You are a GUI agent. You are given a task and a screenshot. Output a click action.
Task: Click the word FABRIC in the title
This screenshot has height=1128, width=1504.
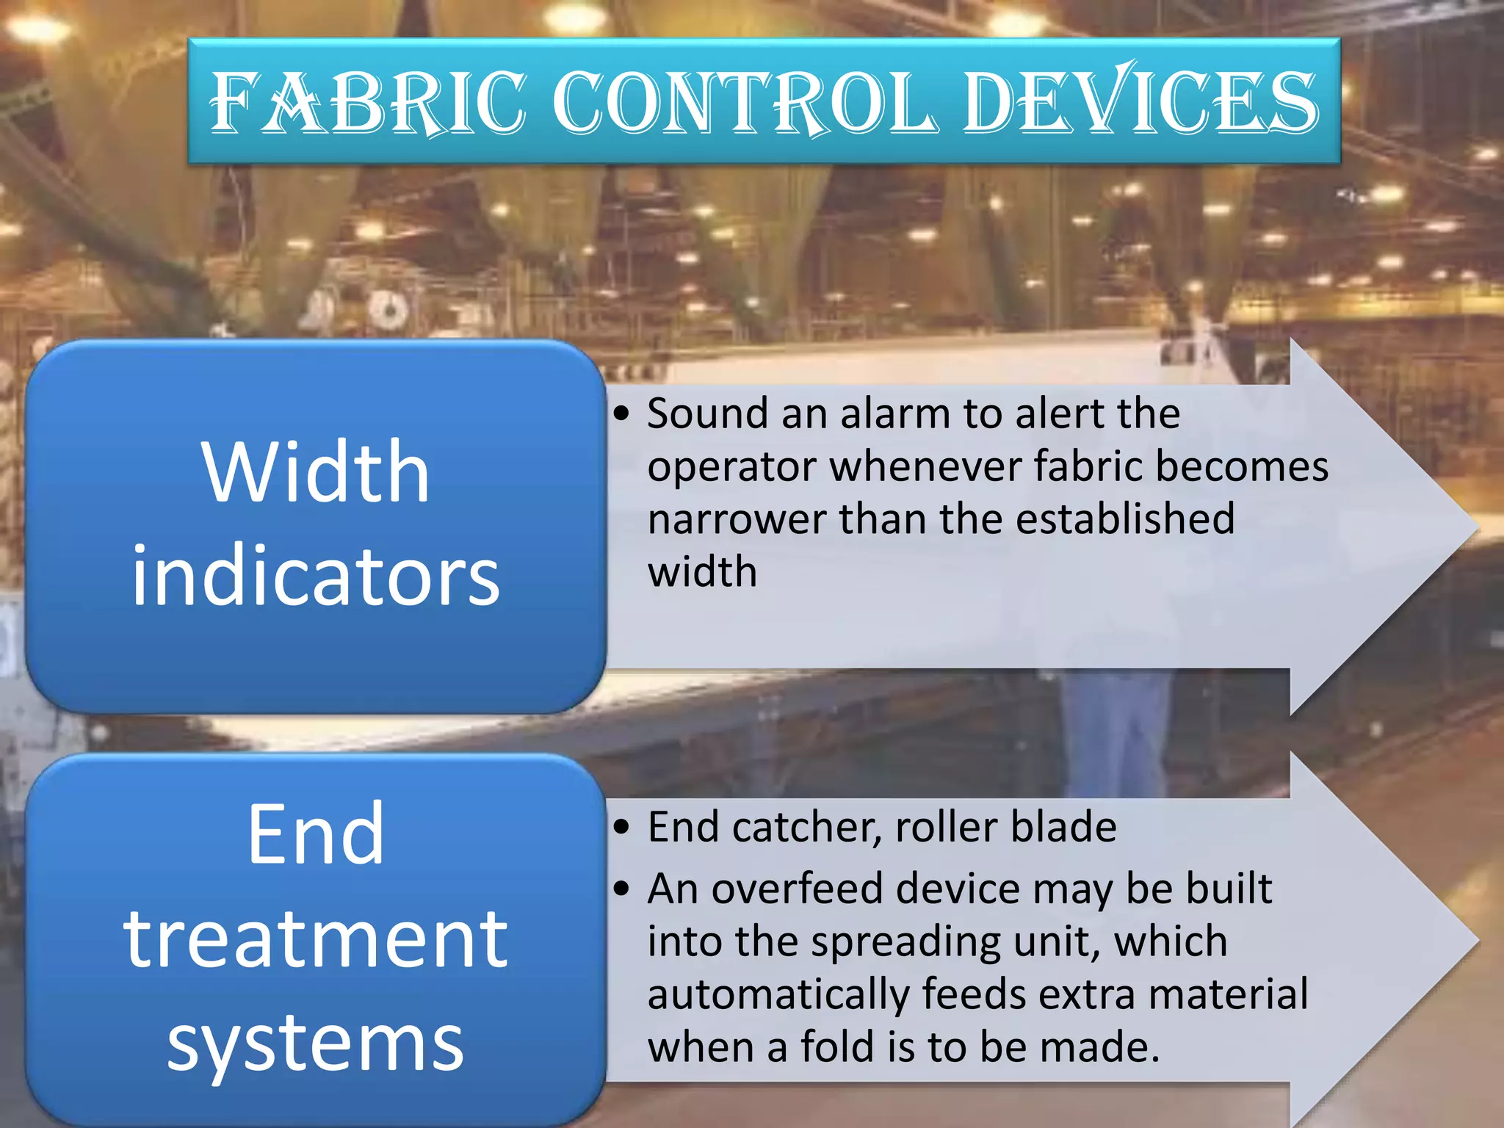click(367, 102)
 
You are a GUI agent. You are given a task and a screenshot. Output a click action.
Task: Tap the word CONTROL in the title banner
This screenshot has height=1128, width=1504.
click(744, 102)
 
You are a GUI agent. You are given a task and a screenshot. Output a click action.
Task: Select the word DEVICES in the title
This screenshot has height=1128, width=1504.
click(1140, 102)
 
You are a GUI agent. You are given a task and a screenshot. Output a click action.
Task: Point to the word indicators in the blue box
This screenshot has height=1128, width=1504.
click(316, 576)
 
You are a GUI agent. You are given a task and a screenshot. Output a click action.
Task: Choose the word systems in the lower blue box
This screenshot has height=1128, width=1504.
click(316, 1043)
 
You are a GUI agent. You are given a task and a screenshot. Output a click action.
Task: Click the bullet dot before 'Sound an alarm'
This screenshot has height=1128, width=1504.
click(622, 414)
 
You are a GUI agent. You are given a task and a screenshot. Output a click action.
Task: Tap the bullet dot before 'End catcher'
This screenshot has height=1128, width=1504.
click(622, 828)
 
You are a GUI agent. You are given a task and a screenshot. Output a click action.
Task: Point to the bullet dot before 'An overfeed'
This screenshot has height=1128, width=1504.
click(622, 889)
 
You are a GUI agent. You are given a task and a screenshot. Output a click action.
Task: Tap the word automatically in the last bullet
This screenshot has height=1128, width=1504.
click(778, 995)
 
